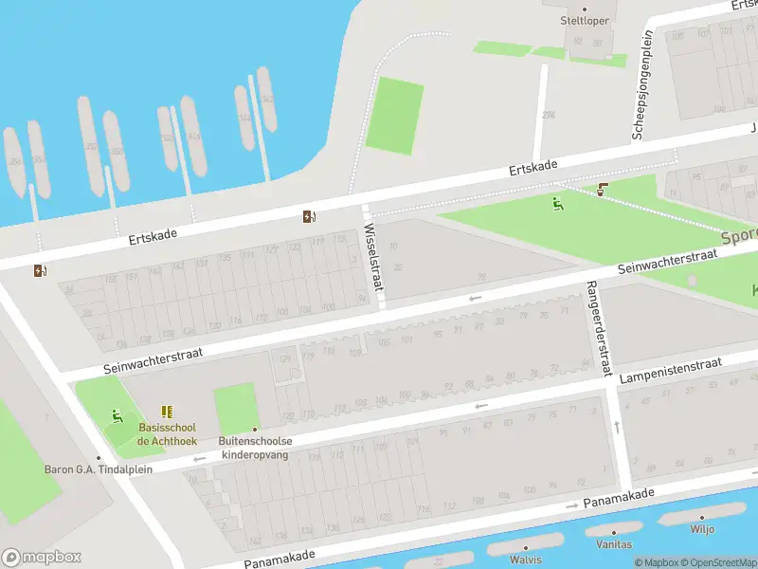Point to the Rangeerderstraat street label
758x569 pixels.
pyautogui.click(x=598, y=327)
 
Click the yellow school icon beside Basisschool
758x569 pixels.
pyautogui.click(x=168, y=412)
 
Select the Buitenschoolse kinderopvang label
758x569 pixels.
pyautogui.click(x=256, y=448)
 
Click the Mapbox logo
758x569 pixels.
pyautogui.click(x=42, y=558)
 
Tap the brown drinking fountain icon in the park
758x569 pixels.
pyautogui.click(x=604, y=190)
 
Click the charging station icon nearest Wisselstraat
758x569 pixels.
pyautogui.click(x=309, y=216)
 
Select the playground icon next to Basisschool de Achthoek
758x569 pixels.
pyautogui.click(x=117, y=415)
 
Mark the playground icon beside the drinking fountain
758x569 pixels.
pyautogui.click(x=557, y=202)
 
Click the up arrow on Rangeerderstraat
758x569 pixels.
pyautogui.click(x=617, y=428)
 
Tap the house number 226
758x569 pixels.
pyautogui.click(x=548, y=115)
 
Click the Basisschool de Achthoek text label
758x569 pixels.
pyautogui.click(x=168, y=434)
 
